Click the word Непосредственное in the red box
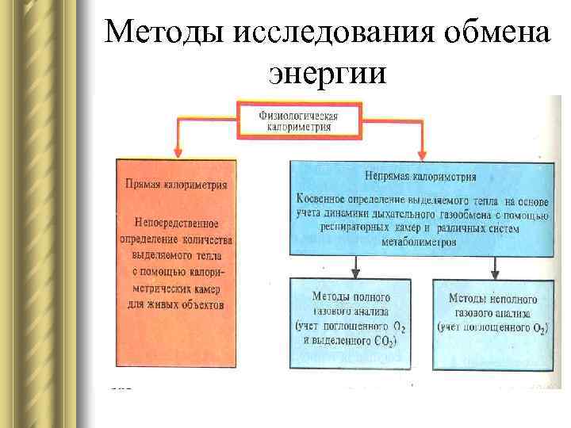click(x=176, y=224)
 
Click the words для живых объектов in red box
click(x=176, y=304)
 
